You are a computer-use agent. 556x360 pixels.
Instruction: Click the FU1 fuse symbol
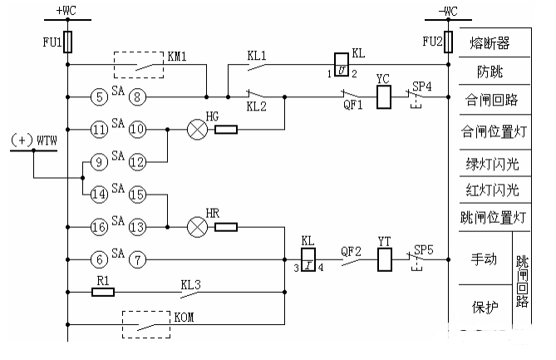point(67,42)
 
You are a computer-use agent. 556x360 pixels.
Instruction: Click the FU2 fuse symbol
point(448,42)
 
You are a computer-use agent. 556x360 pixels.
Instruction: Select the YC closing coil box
point(384,96)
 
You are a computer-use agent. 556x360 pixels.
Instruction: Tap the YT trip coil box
point(385,259)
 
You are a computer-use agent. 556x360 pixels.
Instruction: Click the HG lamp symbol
point(197,130)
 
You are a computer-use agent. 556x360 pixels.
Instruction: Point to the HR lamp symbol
point(197,227)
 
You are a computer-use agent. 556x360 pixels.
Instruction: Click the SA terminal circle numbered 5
point(99,96)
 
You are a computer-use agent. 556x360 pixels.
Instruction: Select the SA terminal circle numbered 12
point(137,162)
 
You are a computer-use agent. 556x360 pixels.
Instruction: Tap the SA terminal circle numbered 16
point(99,227)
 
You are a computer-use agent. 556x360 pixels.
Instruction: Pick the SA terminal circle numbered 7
point(137,259)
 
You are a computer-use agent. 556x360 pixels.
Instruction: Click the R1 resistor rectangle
point(103,293)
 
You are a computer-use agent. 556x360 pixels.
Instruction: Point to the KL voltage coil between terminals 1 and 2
point(342,65)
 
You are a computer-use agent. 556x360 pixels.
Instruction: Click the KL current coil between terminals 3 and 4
point(308,259)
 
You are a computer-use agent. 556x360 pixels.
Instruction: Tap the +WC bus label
point(66,10)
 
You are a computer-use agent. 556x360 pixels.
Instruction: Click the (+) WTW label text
point(34,141)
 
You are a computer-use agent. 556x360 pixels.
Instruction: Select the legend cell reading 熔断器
point(494,42)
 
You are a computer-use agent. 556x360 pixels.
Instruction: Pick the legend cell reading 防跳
point(494,71)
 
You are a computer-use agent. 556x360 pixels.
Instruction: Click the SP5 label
point(424,249)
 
